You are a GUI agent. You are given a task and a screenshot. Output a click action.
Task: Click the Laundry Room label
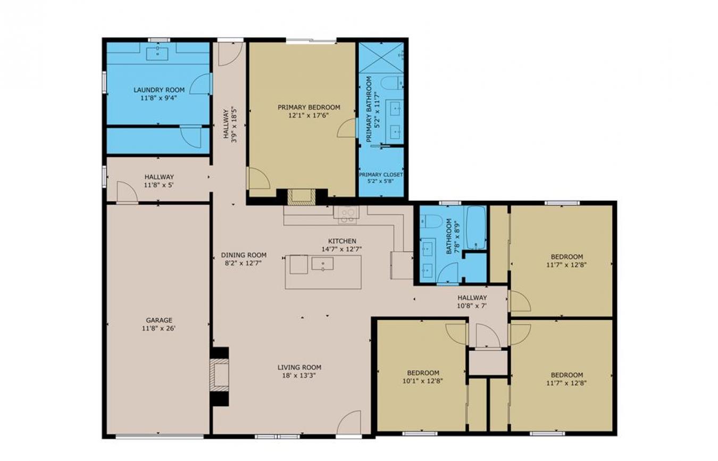point(159,90)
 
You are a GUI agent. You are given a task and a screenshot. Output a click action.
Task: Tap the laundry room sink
point(158,54)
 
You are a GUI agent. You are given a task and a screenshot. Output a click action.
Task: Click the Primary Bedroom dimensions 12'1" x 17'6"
point(308,116)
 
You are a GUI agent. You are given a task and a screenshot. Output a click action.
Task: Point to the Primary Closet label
point(381,175)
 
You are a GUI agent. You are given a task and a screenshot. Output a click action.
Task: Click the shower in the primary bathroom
point(381,57)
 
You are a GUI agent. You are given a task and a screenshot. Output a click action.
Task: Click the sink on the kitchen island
point(322,264)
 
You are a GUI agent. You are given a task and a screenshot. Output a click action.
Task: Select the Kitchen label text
point(342,241)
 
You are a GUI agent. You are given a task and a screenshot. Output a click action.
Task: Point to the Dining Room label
point(244,255)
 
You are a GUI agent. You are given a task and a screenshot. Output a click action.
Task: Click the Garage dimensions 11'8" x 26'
point(158,328)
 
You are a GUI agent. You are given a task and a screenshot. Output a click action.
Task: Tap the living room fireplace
point(220,375)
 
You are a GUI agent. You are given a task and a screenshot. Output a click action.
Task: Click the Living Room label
point(299,367)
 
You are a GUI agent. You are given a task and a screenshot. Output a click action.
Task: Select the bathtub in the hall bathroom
point(477,228)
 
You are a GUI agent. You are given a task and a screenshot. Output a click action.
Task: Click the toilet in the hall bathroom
point(431,221)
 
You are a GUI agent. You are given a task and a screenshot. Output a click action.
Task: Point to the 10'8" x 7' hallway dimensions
point(472,306)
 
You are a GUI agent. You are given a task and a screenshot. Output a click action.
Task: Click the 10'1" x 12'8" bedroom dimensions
point(423,381)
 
